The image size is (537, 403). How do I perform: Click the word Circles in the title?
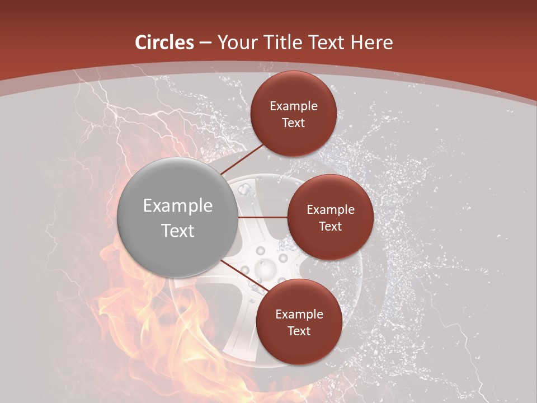click(164, 43)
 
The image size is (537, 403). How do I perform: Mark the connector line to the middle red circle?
click(263, 217)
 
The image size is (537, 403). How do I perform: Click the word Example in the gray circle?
click(178, 206)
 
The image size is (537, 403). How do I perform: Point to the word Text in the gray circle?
click(178, 231)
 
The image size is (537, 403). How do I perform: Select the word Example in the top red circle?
click(294, 106)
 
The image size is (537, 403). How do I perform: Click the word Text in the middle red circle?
click(330, 226)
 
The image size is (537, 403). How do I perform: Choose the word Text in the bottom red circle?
click(299, 331)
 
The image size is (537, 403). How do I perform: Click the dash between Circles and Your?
click(205, 43)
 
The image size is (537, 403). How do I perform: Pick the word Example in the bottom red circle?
click(299, 315)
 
